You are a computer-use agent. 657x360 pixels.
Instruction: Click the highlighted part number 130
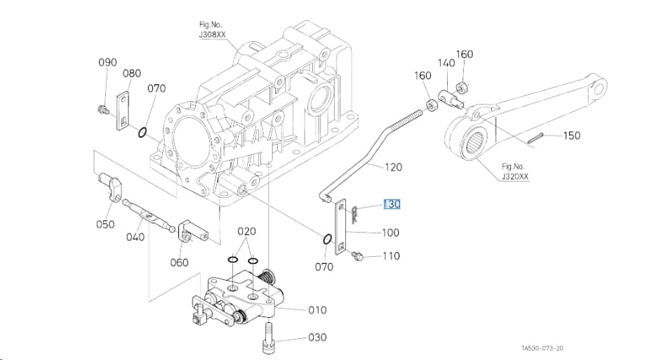click(x=392, y=204)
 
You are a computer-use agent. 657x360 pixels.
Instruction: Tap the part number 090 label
click(x=107, y=62)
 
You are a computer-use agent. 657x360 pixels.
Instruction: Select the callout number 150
click(x=571, y=135)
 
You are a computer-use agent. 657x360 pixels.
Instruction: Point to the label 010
click(x=317, y=310)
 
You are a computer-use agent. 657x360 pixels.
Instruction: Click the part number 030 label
click(x=317, y=338)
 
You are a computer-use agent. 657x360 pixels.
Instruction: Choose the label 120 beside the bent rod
click(x=393, y=167)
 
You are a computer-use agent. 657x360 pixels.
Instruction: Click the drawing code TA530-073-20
click(x=542, y=348)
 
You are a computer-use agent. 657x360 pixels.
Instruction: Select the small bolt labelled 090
click(x=102, y=109)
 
